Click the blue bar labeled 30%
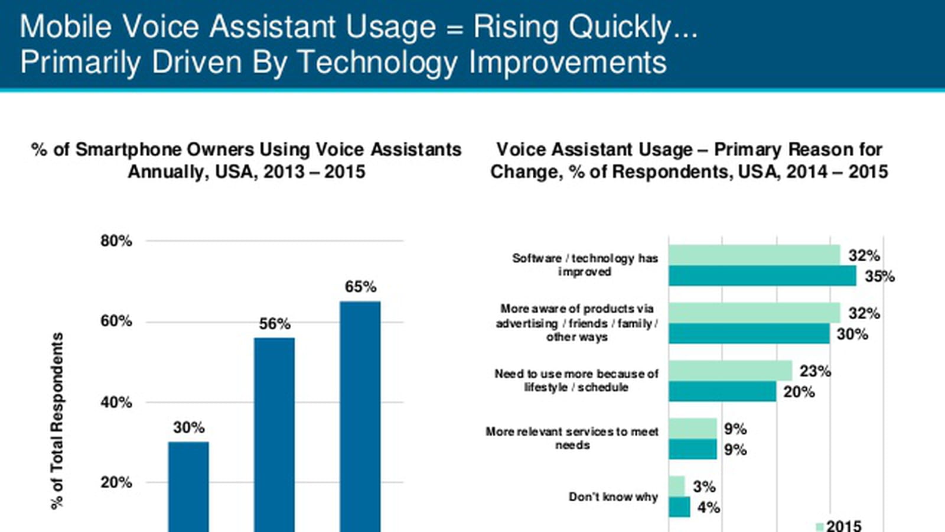pos(188,487)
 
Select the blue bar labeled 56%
pos(274,435)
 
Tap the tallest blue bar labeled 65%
pos(360,416)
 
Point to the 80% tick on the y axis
pos(116,241)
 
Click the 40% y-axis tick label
pos(116,403)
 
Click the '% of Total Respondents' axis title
pos(57,421)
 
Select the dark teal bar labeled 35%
pos(762,275)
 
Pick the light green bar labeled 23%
pos(730,371)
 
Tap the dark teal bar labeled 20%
pos(722,391)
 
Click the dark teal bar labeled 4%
pos(679,507)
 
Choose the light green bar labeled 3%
pos(677,486)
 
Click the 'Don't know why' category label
pos(614,497)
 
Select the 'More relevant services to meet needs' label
pos(572,438)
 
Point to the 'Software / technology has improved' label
pos(585,265)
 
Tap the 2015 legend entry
pos(839,525)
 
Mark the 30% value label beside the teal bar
pos(852,335)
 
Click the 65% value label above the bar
pos(360,287)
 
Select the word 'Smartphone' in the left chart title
pos(165,150)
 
